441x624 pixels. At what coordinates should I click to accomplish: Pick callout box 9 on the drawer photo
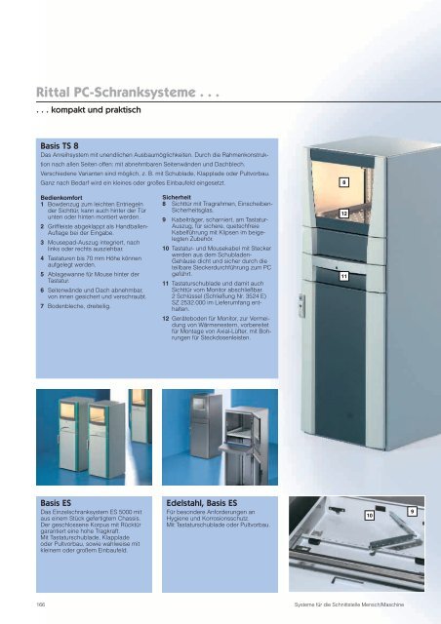click(x=413, y=511)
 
